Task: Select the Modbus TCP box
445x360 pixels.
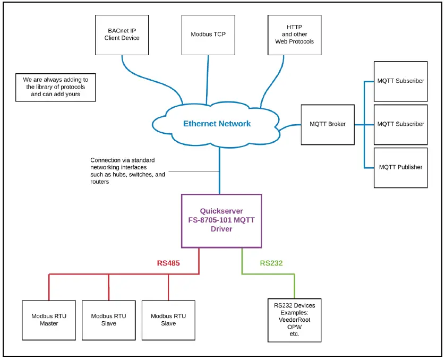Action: (x=208, y=35)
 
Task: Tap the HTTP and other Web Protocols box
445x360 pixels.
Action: (x=294, y=35)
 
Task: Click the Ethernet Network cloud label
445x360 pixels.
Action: (x=217, y=124)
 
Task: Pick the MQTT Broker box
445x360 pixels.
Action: (x=327, y=124)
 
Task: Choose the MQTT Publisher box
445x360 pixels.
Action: (x=400, y=167)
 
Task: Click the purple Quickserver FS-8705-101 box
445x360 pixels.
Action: (x=221, y=220)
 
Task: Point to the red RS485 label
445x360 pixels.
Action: (x=169, y=263)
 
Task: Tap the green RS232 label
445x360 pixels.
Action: (x=271, y=263)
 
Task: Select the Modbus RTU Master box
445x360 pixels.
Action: (x=49, y=320)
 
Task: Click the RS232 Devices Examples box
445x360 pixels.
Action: (x=294, y=320)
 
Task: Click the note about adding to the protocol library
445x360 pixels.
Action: (x=56, y=87)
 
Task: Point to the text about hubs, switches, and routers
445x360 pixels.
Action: (x=127, y=171)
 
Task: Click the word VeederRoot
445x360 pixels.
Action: (x=294, y=320)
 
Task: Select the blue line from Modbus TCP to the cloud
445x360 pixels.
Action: (x=206, y=80)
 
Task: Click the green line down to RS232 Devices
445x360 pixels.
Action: (x=295, y=287)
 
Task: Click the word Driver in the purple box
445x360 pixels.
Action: (x=221, y=229)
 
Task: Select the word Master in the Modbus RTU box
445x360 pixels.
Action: (x=49, y=323)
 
